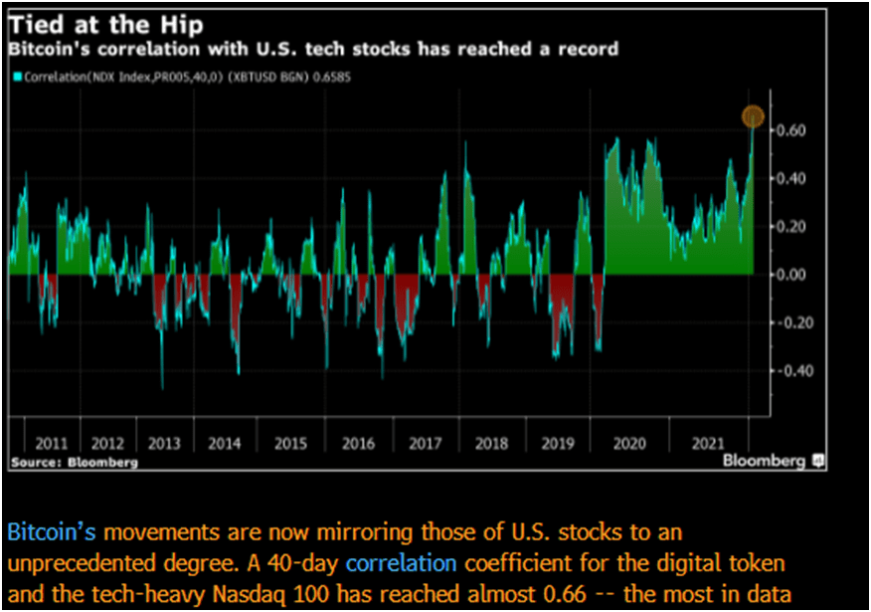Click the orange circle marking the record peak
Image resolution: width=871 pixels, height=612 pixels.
pos(753,117)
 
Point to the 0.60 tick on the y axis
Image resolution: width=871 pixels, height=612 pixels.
pos(791,130)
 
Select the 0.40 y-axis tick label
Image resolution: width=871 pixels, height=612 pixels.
pos(791,179)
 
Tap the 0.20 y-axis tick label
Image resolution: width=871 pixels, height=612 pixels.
pos(791,227)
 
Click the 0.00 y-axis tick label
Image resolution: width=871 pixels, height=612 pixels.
pos(791,275)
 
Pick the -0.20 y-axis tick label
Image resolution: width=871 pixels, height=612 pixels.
pos(790,322)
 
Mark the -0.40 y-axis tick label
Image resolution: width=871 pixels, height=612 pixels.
pos(790,371)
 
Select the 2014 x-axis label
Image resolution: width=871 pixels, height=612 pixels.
pos(227,443)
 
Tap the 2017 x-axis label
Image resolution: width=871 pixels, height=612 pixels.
pos(425,443)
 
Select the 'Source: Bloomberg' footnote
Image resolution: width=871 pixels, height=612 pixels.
pos(75,463)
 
